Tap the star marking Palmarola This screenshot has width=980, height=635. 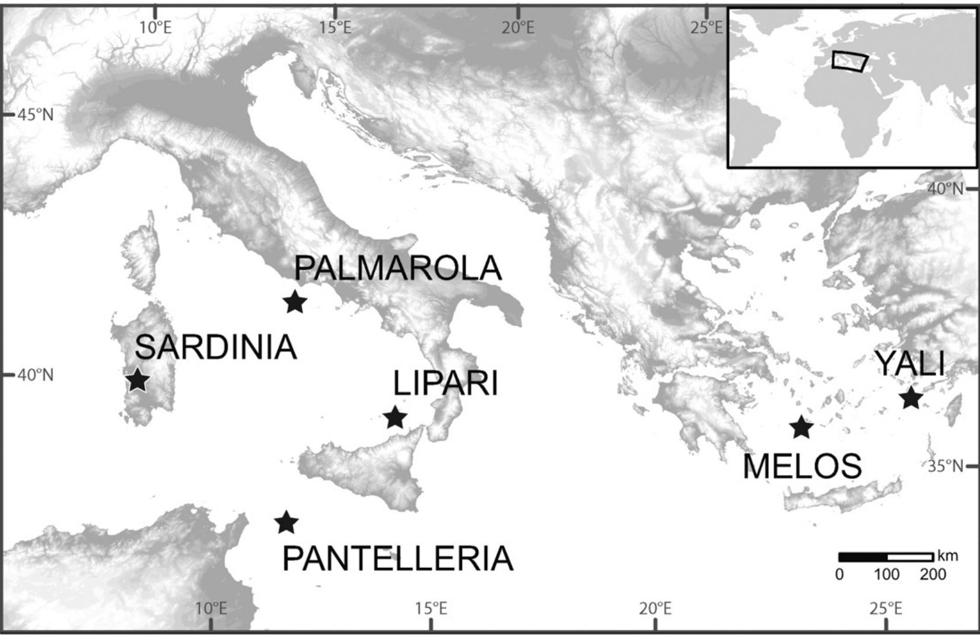click(x=295, y=302)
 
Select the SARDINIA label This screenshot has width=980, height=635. click(x=215, y=347)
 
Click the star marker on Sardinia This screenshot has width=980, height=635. click(x=138, y=380)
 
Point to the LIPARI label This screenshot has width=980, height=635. click(x=446, y=383)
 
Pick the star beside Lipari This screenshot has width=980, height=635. click(x=395, y=418)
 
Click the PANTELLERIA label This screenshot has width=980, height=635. click(x=397, y=558)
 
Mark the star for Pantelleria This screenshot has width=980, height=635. click(x=287, y=523)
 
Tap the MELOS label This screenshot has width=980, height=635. click(x=802, y=466)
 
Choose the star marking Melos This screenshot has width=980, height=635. click(x=801, y=427)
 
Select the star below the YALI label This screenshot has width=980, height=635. click(x=911, y=398)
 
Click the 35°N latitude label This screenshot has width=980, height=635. click(x=946, y=466)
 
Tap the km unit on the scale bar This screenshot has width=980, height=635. click(x=947, y=556)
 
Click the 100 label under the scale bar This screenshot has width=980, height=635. click(x=886, y=574)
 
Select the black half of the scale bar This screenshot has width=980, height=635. click(x=863, y=557)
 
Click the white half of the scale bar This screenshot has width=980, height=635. click(x=910, y=557)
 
